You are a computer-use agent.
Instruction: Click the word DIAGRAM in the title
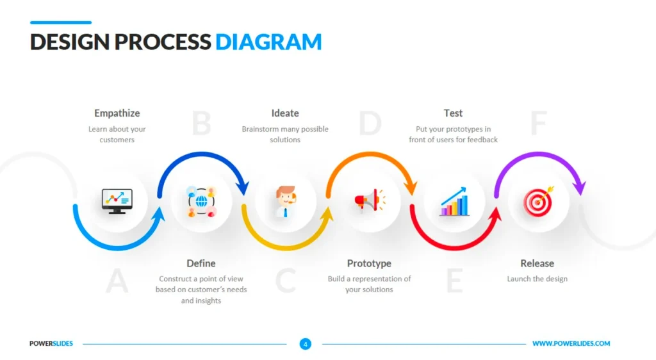268,42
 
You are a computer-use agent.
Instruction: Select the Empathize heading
117,113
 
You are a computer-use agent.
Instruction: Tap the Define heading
201,263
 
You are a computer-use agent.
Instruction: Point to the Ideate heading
285,113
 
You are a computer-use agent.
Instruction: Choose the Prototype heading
369,263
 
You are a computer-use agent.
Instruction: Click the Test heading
453,113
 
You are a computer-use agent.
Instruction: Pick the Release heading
537,263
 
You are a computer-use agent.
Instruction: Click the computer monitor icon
117,201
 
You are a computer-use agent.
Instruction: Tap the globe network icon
201,202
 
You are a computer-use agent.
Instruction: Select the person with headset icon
286,202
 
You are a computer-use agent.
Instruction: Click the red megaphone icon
370,200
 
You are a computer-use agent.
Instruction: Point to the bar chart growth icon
454,202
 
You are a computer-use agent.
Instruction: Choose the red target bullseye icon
538,202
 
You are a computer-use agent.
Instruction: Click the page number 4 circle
306,344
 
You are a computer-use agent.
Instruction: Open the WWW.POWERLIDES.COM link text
571,344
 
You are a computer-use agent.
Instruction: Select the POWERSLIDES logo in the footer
51,344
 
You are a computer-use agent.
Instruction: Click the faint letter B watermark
202,124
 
